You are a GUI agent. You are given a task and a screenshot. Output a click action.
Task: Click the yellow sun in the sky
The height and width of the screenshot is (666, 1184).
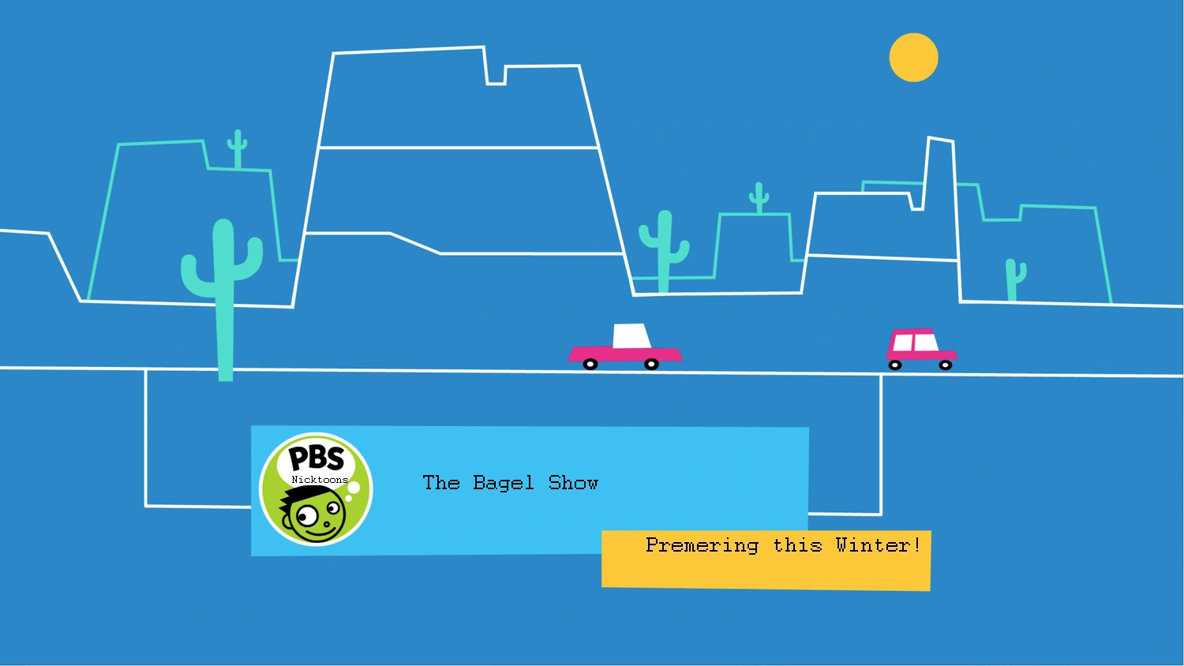tap(913, 58)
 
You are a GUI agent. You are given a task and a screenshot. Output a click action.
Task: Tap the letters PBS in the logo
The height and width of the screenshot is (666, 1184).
tap(316, 458)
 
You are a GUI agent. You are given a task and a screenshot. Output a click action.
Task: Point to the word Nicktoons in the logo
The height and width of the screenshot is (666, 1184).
tap(320, 480)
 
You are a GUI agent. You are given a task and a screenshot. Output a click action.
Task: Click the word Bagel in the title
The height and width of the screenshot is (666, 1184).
tap(503, 483)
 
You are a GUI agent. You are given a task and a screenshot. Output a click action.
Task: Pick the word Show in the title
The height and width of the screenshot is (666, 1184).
tap(573, 483)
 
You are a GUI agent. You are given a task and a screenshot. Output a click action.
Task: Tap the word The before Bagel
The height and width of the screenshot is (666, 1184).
tap(440, 483)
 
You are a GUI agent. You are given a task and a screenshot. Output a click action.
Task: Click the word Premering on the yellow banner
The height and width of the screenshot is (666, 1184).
tap(702, 545)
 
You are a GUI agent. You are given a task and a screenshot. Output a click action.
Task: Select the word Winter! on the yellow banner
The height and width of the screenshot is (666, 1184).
tap(878, 545)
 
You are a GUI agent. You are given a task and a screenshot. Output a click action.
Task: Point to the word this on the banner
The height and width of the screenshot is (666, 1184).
tap(797, 545)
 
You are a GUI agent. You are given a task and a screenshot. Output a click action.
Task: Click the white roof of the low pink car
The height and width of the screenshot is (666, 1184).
tap(631, 336)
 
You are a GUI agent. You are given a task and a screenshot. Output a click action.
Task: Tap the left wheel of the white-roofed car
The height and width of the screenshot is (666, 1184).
tap(590, 364)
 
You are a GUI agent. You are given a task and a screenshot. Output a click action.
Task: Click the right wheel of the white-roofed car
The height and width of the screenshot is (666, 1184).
tap(651, 364)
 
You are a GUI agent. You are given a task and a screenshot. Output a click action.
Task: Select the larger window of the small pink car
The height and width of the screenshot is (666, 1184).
tap(924, 342)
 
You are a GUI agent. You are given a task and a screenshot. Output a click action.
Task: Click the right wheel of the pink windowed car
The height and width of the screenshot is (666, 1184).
tap(945, 365)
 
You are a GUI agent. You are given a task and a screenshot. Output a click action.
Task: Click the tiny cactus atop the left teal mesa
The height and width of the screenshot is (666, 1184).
tap(237, 148)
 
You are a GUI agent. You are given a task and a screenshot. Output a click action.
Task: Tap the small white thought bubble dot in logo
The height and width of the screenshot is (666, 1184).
tap(354, 488)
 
